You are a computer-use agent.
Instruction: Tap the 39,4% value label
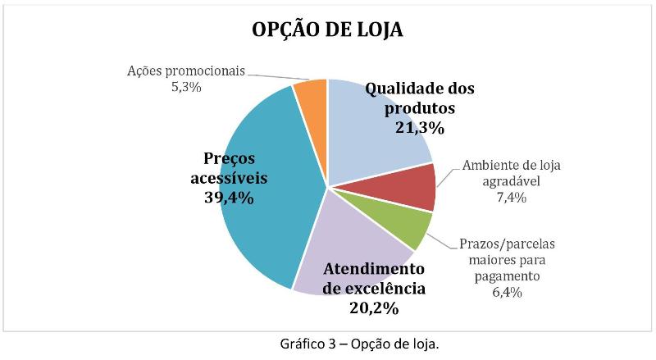[x=229, y=198]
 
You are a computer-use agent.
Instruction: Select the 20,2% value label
[x=373, y=308]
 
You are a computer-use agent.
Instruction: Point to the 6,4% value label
[x=506, y=291]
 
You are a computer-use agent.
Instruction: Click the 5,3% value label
[x=186, y=87]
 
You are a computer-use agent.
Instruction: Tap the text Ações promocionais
[x=186, y=71]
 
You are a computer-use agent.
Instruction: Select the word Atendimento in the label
[x=374, y=269]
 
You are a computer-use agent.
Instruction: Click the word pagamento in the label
[x=506, y=276]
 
